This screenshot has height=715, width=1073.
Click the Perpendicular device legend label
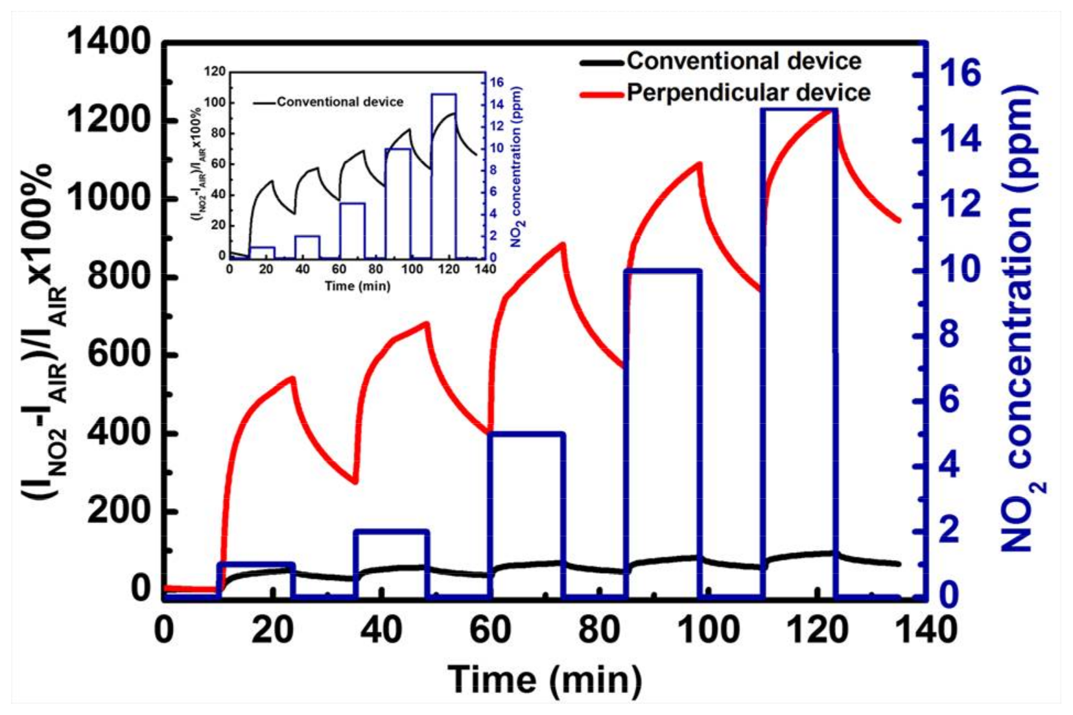748,93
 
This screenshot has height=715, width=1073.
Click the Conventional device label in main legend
744,61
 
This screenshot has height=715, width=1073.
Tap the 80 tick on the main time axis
598,629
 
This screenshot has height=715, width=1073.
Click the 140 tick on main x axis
924,629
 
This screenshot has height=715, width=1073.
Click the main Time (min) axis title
545,679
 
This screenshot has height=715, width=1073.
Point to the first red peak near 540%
293,378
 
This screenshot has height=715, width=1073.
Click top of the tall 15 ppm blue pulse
799,110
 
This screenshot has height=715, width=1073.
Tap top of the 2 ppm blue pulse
392,532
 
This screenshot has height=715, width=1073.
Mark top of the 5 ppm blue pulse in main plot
526,434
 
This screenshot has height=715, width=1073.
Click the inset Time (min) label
357,286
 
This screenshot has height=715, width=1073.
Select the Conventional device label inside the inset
340,102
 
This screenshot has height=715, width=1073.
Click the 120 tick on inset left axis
215,71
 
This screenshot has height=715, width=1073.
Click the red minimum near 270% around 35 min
355,481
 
